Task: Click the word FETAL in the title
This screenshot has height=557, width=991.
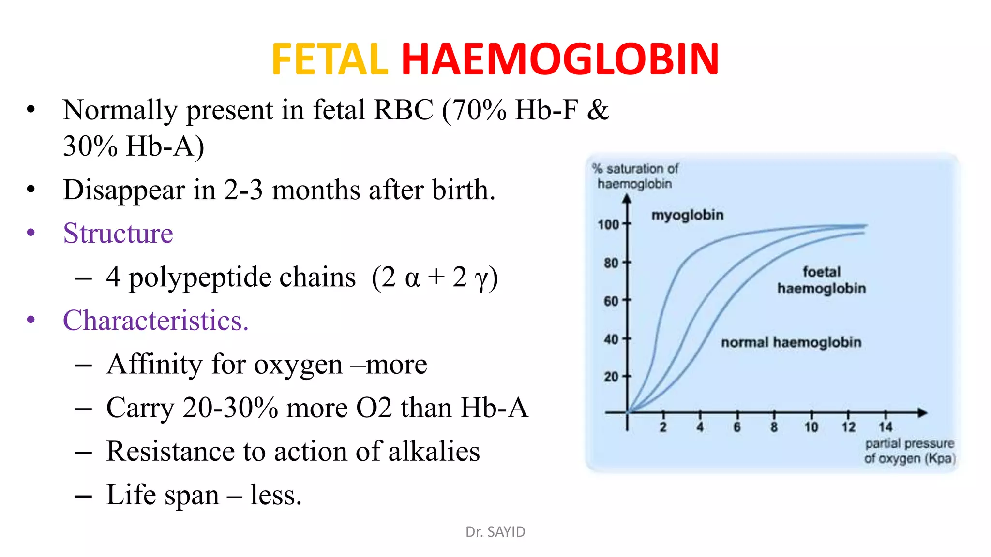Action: (330, 59)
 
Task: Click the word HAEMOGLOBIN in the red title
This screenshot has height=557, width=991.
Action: (560, 59)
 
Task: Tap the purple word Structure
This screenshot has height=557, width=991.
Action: (118, 233)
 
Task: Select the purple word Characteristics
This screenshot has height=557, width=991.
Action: (155, 320)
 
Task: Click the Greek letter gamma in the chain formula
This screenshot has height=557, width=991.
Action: (482, 278)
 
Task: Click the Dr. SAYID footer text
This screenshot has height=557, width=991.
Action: (495, 532)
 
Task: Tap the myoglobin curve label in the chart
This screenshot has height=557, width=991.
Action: (687, 215)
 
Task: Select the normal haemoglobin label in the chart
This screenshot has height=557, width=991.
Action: (791, 342)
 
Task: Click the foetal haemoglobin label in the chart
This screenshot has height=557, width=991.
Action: (821, 280)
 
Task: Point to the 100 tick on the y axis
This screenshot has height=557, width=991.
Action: (608, 224)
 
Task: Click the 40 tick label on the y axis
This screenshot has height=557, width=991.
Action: (611, 339)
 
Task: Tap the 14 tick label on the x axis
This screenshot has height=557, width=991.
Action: (886, 427)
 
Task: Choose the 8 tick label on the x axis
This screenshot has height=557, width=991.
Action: (774, 427)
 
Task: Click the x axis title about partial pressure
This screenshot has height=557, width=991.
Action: (910, 451)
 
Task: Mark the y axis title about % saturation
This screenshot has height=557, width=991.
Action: (635, 176)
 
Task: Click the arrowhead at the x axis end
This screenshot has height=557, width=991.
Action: (922, 413)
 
